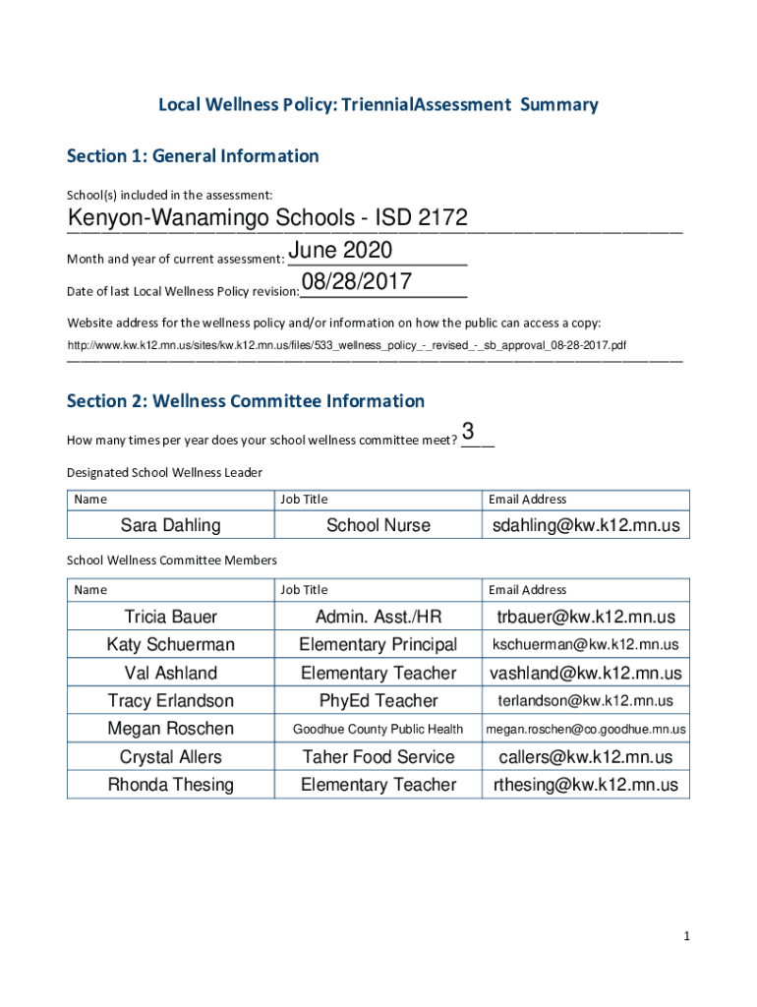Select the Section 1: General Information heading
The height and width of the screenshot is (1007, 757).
click(x=193, y=156)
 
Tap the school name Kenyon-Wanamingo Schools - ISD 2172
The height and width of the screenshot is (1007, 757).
click(x=266, y=218)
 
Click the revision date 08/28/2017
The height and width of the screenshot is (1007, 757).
click(x=357, y=283)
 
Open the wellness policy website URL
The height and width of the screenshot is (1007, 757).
click(x=347, y=346)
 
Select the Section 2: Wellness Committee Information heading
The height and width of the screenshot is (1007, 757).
click(x=246, y=401)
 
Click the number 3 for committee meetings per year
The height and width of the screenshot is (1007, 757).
click(x=469, y=432)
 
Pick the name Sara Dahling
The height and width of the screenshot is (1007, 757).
click(x=170, y=525)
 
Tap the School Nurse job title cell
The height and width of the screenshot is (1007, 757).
click(x=378, y=525)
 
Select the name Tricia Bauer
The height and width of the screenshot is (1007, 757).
click(x=170, y=617)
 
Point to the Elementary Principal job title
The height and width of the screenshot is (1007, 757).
click(x=378, y=645)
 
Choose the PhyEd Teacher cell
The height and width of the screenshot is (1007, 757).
click(x=378, y=701)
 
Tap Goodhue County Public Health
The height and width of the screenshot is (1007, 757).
click(x=378, y=730)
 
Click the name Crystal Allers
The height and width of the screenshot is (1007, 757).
click(x=170, y=757)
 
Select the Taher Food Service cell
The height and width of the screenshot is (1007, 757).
click(x=378, y=757)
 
